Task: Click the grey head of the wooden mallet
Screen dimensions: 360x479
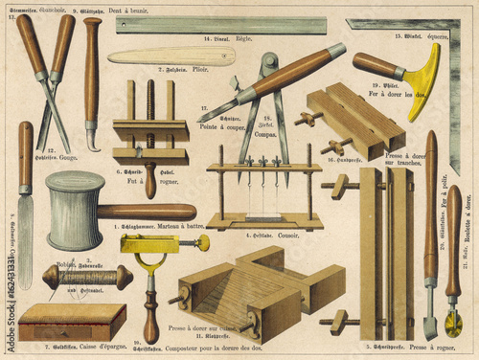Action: pos(75,211)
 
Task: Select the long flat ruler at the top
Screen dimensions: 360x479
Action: pos(220,25)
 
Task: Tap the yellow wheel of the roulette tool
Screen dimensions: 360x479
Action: pos(453,324)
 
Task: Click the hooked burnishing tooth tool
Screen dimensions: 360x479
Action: pos(92,86)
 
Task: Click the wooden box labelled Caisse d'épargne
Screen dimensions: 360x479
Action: pos(72,323)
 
